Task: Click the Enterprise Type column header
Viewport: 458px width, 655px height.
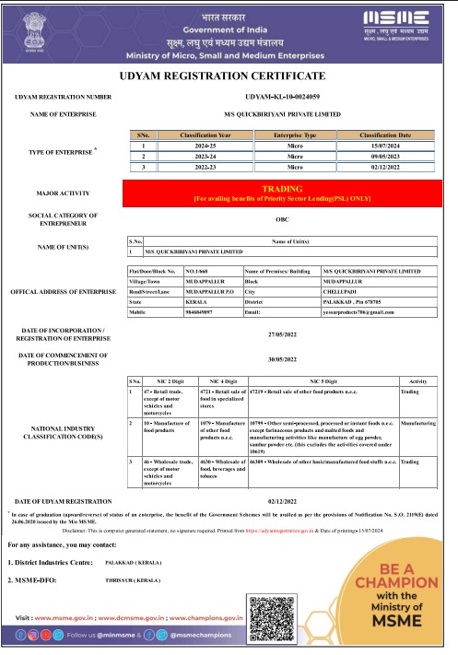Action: coord(295,135)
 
